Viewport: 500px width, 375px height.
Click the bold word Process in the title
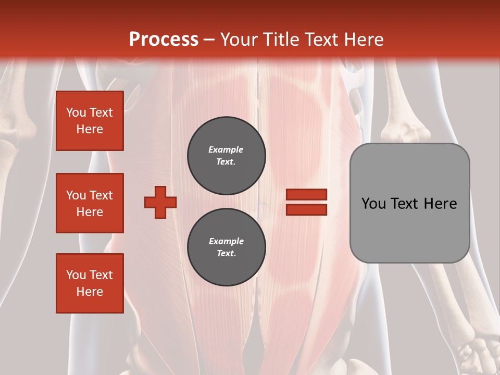[x=164, y=39]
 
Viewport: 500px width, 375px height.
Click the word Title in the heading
[x=279, y=39]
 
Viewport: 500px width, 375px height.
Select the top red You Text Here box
[x=90, y=121]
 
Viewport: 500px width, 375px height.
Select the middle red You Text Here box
[x=90, y=203]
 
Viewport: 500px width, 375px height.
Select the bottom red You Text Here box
[x=90, y=283]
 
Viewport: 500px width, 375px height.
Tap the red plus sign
[x=160, y=202]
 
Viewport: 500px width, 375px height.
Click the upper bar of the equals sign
[x=306, y=194]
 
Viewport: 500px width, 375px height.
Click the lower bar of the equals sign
[x=306, y=209]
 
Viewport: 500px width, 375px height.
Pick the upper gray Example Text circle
[x=227, y=156]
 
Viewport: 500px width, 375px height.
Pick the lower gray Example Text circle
[x=227, y=247]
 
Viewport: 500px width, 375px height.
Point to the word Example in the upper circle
[x=226, y=149]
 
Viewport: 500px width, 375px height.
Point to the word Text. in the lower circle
[x=226, y=254]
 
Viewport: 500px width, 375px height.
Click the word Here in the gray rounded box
[x=440, y=204]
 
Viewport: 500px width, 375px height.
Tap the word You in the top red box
[x=76, y=113]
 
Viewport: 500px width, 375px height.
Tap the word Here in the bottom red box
[x=90, y=292]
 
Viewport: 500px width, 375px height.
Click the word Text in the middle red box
[x=101, y=195]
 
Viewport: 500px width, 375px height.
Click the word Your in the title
[x=239, y=39]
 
